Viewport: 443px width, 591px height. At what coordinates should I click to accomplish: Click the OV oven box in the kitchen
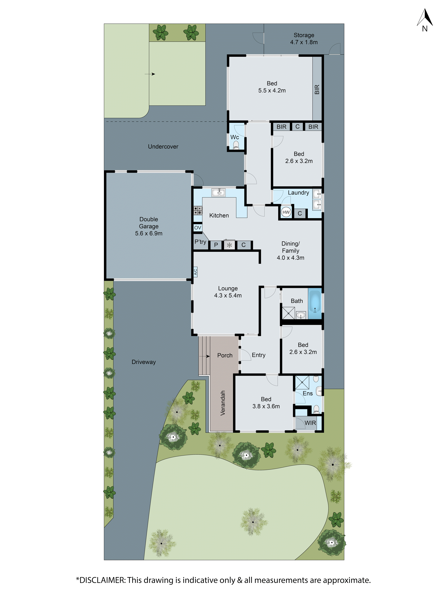tap(198, 228)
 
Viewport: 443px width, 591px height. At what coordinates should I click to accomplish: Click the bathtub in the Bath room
tap(315, 304)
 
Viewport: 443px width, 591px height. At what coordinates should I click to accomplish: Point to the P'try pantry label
tap(200, 242)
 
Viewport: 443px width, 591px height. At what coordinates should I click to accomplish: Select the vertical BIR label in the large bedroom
tap(317, 90)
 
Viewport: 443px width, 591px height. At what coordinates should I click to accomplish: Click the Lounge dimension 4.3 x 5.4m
tap(228, 295)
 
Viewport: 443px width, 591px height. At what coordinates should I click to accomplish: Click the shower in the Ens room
tap(302, 382)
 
